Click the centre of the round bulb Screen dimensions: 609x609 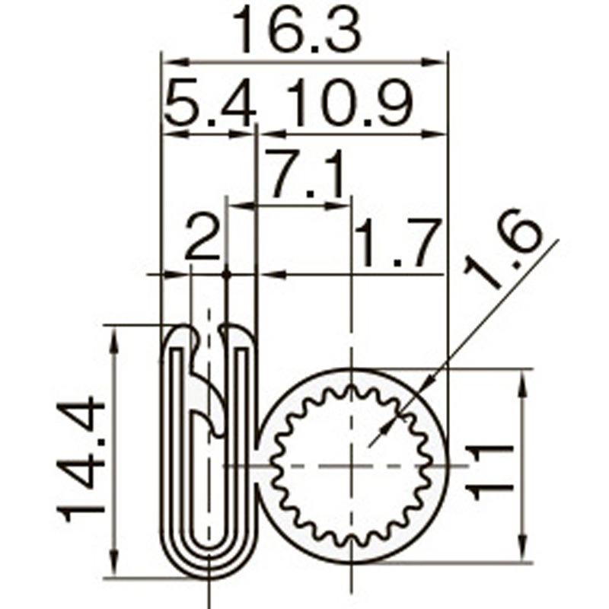352,465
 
